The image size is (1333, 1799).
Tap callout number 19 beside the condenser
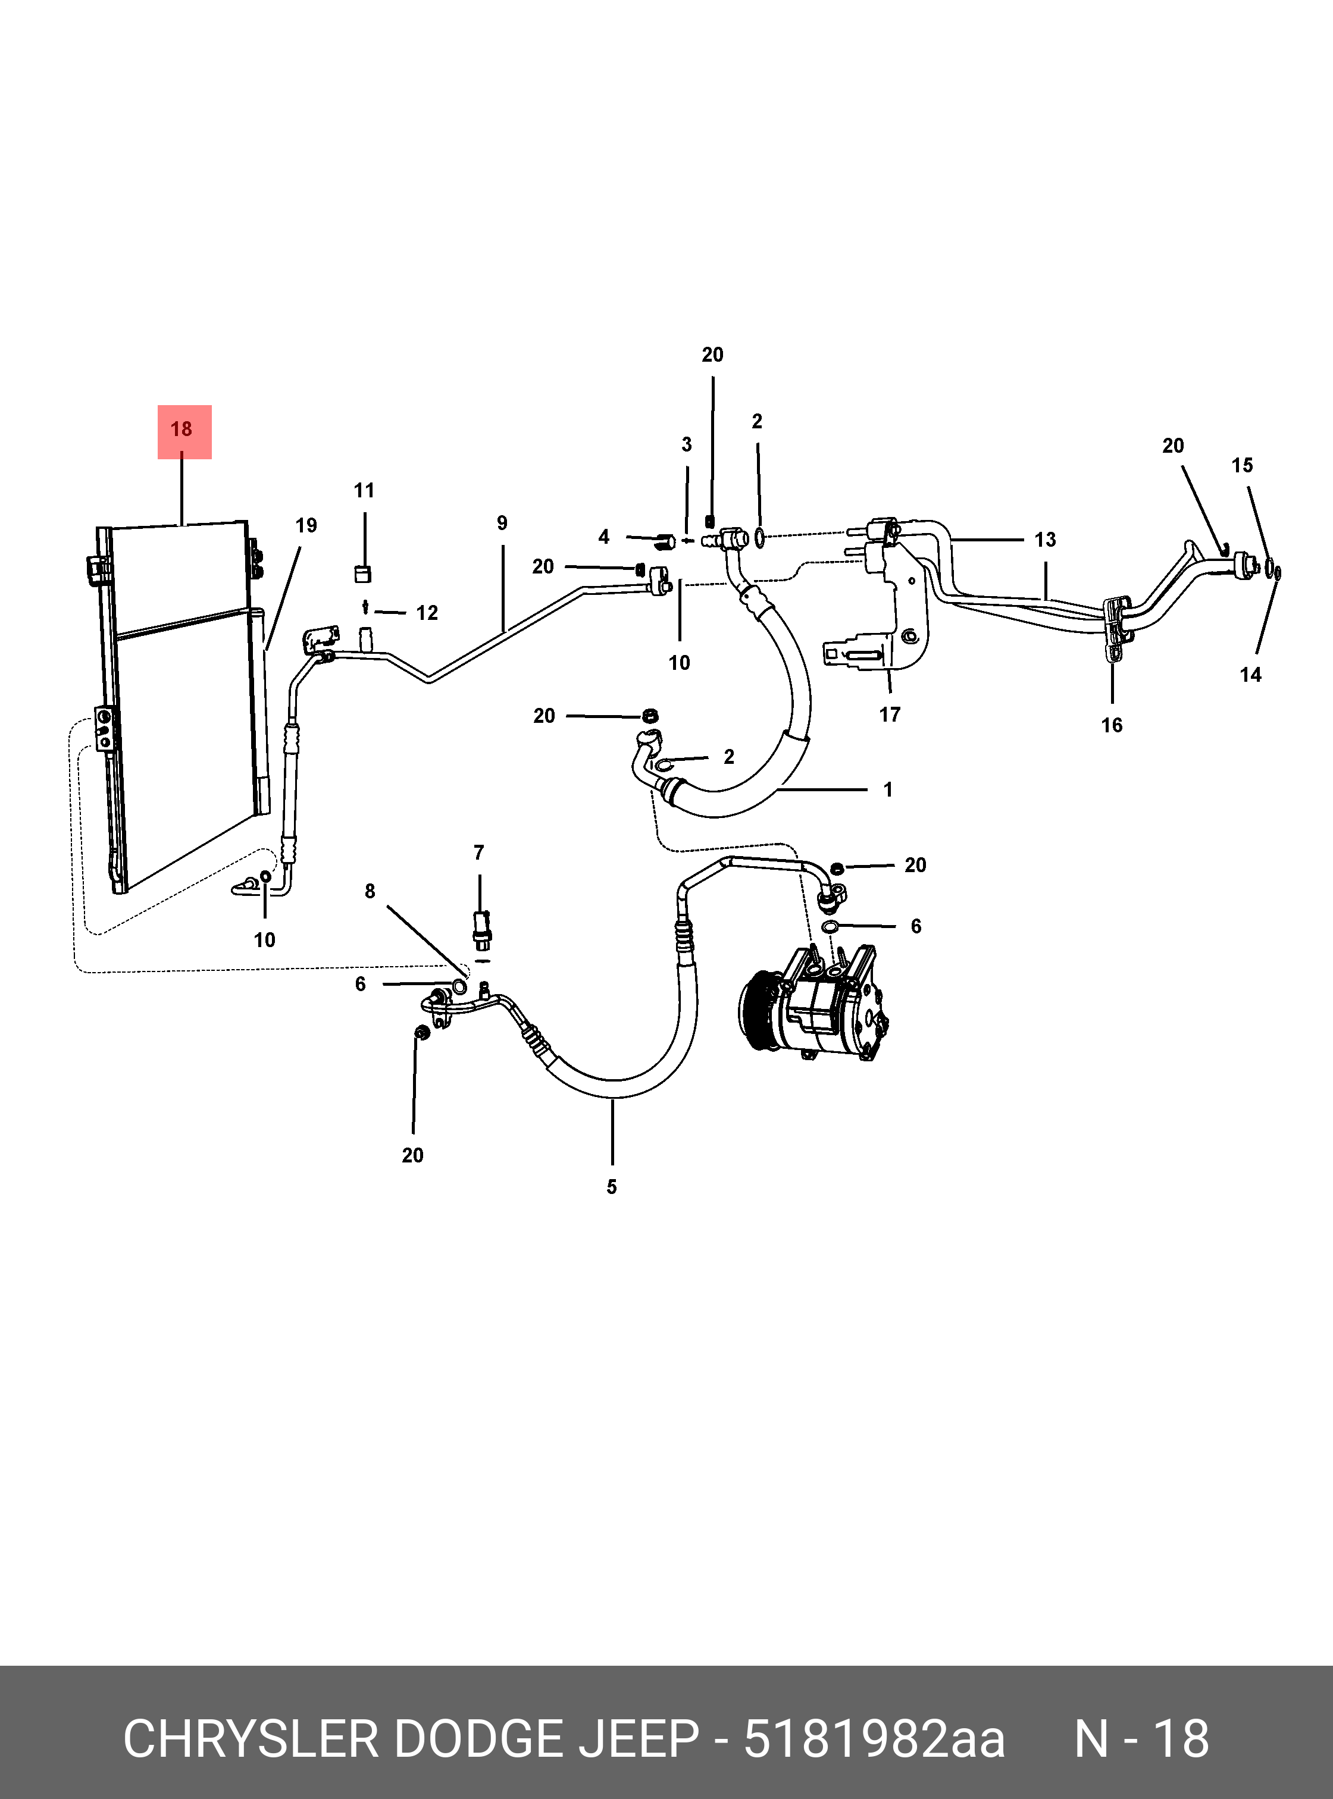click(x=306, y=526)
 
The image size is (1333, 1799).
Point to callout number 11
click(x=364, y=490)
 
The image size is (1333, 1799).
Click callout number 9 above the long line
click(x=502, y=524)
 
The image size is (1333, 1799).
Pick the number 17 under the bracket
click(x=889, y=714)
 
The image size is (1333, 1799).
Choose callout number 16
click(x=1111, y=725)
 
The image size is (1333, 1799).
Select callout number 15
click(x=1242, y=465)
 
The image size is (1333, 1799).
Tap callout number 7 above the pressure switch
click(x=478, y=853)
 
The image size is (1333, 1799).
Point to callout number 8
click(x=370, y=891)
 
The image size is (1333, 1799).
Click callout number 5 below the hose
click(x=612, y=1187)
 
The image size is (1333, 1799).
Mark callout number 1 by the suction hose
click(x=888, y=790)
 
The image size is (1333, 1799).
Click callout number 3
click(x=687, y=444)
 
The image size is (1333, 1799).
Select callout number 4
click(x=603, y=537)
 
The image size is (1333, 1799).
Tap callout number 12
click(x=427, y=613)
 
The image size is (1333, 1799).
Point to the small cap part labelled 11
click(x=363, y=573)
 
